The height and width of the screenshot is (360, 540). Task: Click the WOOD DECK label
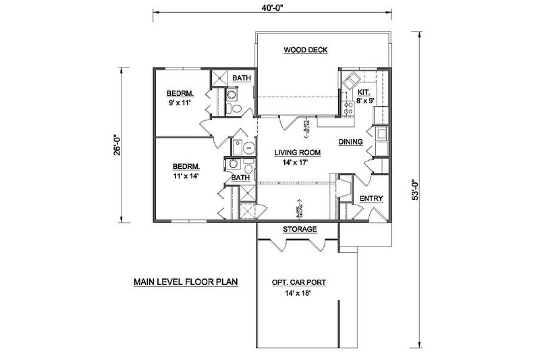(304, 50)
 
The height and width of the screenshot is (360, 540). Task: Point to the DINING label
(352, 142)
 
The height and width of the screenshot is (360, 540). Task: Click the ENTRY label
(371, 199)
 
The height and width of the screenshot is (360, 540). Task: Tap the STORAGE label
(300, 230)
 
